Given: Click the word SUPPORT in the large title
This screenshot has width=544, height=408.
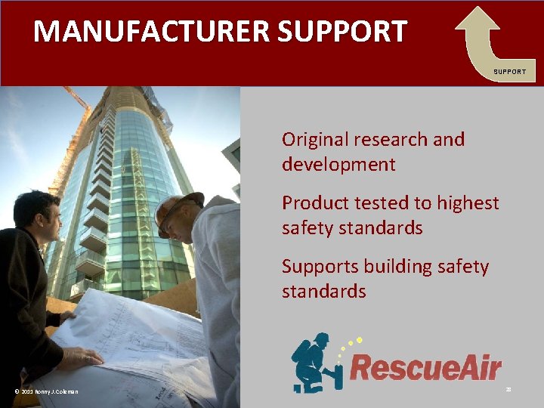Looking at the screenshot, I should click(342, 32).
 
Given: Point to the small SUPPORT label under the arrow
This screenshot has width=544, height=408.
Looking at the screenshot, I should click(510, 72).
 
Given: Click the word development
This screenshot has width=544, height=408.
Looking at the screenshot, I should click(338, 165).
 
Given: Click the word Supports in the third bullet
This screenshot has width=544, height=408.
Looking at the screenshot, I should click(320, 267).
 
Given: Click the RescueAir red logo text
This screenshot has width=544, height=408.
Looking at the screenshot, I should click(425, 369).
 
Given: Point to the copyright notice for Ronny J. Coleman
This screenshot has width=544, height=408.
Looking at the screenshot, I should click(46, 391).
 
